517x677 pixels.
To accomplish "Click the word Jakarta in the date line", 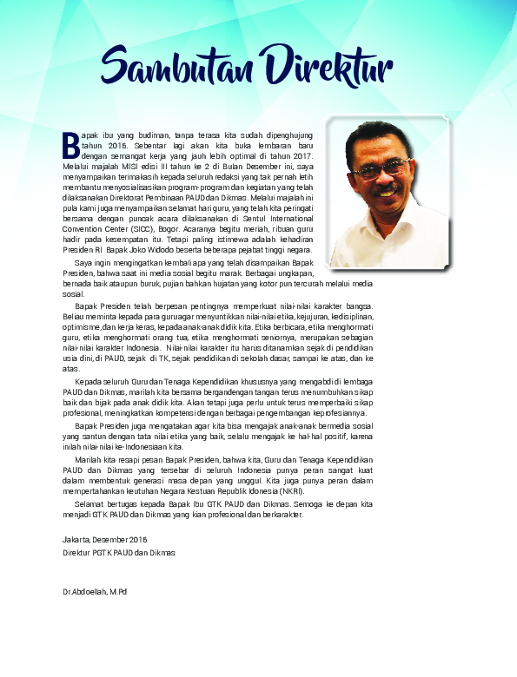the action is click(76, 541).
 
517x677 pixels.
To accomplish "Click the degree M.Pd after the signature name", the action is click(117, 591).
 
